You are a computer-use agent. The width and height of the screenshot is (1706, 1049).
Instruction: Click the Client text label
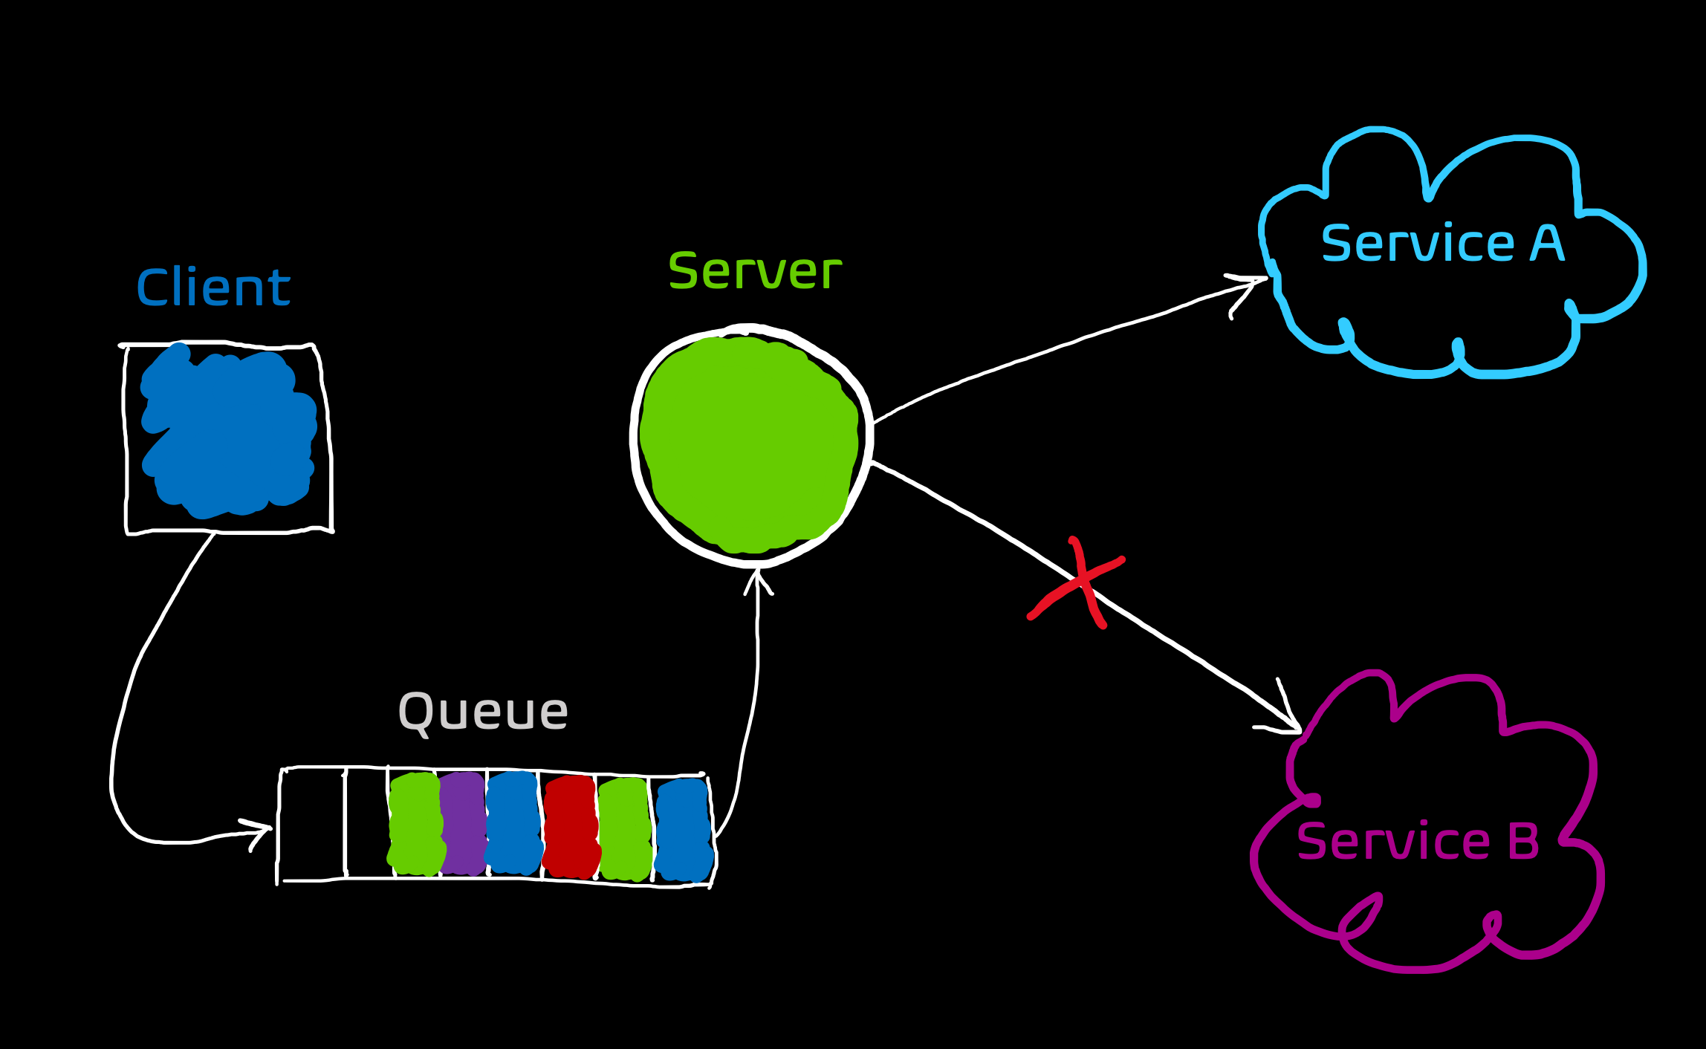tap(213, 288)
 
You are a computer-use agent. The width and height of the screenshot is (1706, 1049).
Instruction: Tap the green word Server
tap(754, 271)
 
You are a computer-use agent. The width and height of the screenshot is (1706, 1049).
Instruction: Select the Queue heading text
tap(483, 712)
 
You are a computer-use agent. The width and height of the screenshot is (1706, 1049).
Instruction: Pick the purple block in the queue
tap(462, 824)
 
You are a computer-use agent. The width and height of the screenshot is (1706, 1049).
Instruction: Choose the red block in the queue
tap(571, 827)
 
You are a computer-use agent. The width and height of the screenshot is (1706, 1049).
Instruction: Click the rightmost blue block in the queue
tap(684, 830)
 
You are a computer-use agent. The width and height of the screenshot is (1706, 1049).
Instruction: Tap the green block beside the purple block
tap(415, 824)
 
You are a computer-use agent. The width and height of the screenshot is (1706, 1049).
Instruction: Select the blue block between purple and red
tap(513, 822)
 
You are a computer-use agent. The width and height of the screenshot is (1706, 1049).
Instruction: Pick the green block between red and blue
tap(624, 828)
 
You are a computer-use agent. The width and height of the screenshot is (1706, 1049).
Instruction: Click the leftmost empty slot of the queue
tap(313, 824)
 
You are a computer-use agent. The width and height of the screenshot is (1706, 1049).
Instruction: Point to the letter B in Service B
tap(1522, 841)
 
